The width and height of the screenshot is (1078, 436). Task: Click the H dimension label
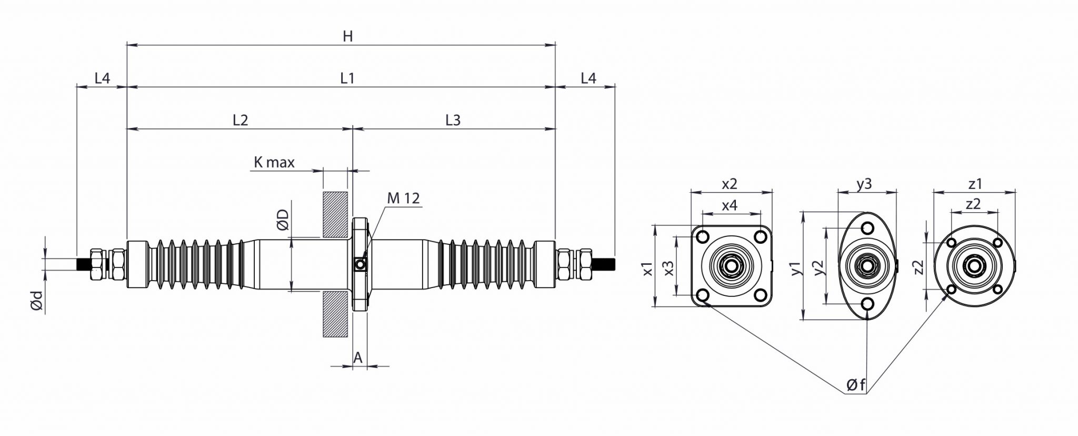coord(347,36)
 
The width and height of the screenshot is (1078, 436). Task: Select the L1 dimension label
coord(347,78)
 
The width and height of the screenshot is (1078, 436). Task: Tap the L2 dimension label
coord(240,120)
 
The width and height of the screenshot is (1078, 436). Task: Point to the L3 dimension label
coord(453,120)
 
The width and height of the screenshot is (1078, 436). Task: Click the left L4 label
coord(102,78)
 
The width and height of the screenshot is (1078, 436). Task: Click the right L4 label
coord(588,78)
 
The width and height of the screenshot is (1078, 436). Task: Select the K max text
coord(274,162)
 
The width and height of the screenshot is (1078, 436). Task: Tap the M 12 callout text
coord(403,198)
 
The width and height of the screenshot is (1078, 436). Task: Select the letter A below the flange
coord(358,358)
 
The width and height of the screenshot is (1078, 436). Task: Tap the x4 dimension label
coord(729,205)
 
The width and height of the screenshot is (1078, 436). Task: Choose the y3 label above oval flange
coord(864,184)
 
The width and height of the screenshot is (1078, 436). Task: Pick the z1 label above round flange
coord(975,184)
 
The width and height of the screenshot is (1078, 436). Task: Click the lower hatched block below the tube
coord(335,313)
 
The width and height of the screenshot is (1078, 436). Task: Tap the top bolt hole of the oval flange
coord(866,228)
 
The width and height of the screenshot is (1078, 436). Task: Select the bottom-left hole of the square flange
coord(702,295)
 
